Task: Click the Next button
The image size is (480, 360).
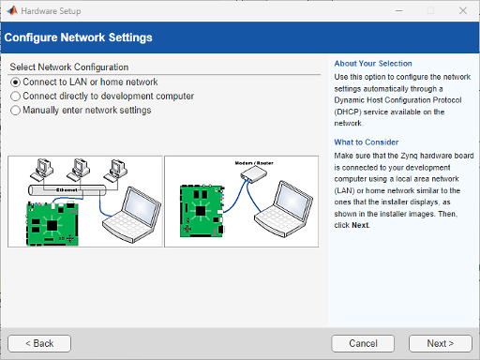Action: (440, 343)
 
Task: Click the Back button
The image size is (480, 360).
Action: (39, 343)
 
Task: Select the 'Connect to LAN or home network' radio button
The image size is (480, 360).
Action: (15, 82)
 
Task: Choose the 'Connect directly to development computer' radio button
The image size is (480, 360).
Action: (15, 97)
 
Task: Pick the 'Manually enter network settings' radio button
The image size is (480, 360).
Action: (15, 111)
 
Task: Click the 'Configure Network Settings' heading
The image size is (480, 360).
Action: (79, 38)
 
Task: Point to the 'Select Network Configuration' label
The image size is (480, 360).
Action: (68, 67)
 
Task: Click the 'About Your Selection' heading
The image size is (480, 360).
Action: (372, 64)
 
